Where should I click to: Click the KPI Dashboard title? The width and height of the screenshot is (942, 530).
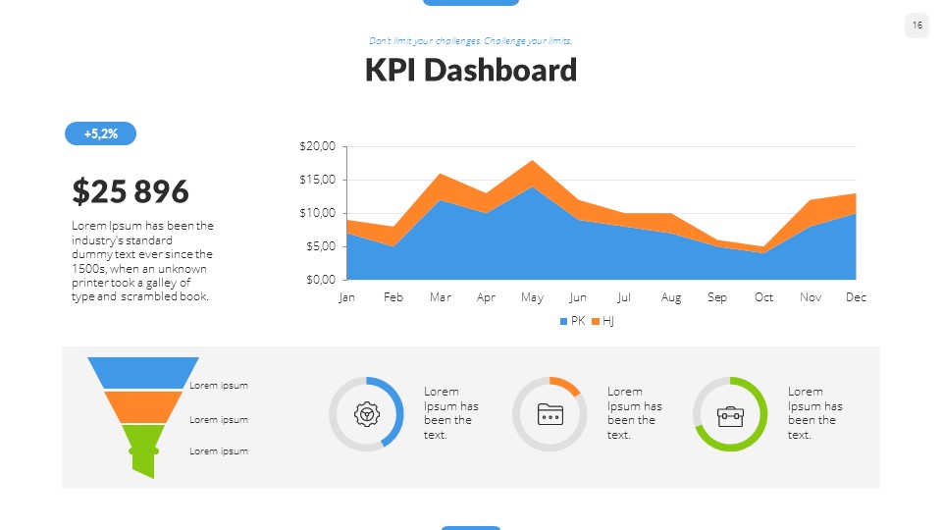pyautogui.click(x=471, y=71)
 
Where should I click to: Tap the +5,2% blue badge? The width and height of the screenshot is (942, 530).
pyautogui.click(x=100, y=133)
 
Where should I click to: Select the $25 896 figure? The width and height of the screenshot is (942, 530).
pyautogui.click(x=131, y=191)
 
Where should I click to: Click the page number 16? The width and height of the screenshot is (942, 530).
pyautogui.click(x=916, y=26)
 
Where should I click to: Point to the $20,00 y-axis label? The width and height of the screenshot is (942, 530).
pyautogui.click(x=317, y=146)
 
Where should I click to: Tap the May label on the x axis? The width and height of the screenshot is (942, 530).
pyautogui.click(x=532, y=297)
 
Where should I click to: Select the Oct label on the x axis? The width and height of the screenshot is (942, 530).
pyautogui.click(x=763, y=297)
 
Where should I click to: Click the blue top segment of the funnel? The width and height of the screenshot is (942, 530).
pyautogui.click(x=143, y=373)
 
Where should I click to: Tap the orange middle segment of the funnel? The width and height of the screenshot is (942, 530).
pyautogui.click(x=143, y=406)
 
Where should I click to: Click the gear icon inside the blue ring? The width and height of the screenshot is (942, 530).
pyautogui.click(x=366, y=414)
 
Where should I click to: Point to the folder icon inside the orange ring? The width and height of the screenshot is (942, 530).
pyautogui.click(x=549, y=414)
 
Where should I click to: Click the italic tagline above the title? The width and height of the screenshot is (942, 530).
pyautogui.click(x=470, y=41)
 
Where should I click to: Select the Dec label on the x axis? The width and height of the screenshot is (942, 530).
pyautogui.click(x=856, y=297)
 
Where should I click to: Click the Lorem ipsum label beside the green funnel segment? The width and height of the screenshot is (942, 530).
pyautogui.click(x=219, y=451)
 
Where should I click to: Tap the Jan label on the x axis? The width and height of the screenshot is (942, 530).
pyautogui.click(x=346, y=297)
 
